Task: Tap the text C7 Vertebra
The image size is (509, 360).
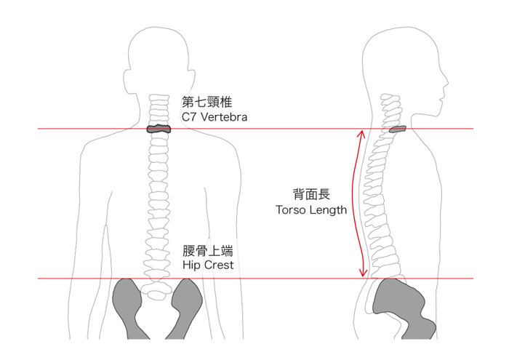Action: [x=215, y=116]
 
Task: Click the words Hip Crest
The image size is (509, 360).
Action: [x=207, y=265]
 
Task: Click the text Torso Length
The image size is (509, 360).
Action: [x=310, y=209]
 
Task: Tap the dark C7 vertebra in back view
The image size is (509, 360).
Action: [x=158, y=129]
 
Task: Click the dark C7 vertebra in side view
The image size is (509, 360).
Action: [x=398, y=130]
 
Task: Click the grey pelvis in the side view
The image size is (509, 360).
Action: [x=401, y=305]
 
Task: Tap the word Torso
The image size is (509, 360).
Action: [x=290, y=209]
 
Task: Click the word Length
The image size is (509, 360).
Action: [x=328, y=209]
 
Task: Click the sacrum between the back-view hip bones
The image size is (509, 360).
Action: [x=158, y=291]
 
